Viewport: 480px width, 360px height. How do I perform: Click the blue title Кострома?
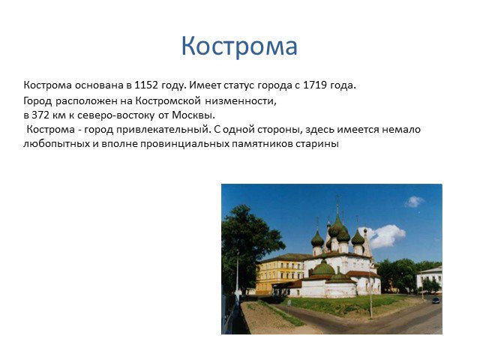pos(239,46)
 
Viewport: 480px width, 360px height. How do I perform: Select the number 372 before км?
pos(40,115)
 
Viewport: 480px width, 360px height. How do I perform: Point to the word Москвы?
pos(193,115)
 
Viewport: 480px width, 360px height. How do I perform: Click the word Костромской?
pos(168,100)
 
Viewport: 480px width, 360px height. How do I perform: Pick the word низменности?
pos(241,100)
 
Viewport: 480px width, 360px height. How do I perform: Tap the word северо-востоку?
pos(115,115)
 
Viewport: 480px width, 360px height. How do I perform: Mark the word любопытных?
pos(57,143)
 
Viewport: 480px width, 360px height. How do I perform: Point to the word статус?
pos(239,85)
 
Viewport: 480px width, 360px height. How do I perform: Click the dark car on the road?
pos(436,300)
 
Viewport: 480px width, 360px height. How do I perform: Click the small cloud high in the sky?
pos(414,202)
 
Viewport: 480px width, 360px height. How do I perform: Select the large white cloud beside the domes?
pos(383,236)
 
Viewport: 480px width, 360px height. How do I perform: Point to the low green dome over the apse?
pos(323,268)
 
